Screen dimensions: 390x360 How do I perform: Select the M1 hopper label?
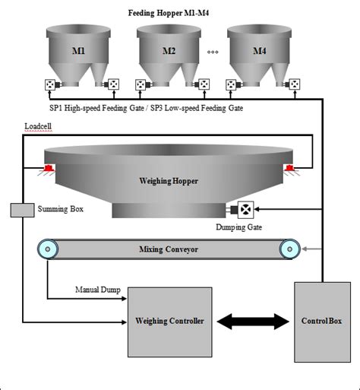79,52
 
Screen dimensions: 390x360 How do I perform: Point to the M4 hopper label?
260,52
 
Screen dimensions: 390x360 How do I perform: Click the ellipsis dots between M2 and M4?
213,52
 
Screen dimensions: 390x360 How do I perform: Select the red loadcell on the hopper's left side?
47,167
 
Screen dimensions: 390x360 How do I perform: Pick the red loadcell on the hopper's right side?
290,167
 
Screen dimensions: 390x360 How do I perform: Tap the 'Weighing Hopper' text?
169,181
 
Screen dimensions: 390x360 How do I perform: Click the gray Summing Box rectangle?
22,209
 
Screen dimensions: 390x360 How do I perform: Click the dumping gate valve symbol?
247,209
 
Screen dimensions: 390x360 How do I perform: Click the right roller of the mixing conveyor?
288,249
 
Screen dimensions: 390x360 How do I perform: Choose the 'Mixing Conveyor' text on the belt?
169,249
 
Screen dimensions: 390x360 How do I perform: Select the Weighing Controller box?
169,322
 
